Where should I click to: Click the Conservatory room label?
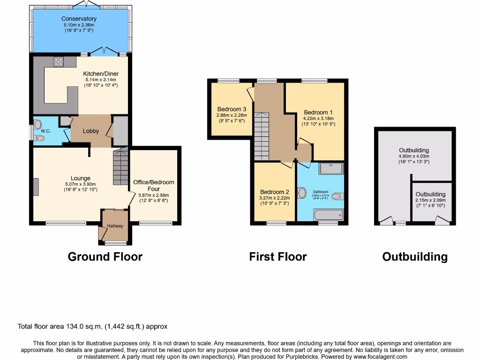[x=79, y=19]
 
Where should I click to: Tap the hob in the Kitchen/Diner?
[x=59, y=61]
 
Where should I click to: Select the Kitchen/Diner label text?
[x=101, y=74]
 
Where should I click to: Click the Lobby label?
[x=91, y=131]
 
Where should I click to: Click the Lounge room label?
[x=81, y=178]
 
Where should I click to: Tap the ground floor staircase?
[x=120, y=168]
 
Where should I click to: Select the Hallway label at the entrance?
[x=115, y=226]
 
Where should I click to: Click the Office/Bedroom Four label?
[x=154, y=185]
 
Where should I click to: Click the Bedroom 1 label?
[x=318, y=112]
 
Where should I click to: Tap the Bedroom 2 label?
[x=275, y=192]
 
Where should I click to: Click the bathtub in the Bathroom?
[x=329, y=215]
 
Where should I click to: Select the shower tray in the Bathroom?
[x=331, y=168]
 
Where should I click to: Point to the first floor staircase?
[x=262, y=136]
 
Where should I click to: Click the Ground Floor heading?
[x=105, y=257]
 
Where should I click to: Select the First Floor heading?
[x=278, y=257]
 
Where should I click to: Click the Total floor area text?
[x=92, y=326]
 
